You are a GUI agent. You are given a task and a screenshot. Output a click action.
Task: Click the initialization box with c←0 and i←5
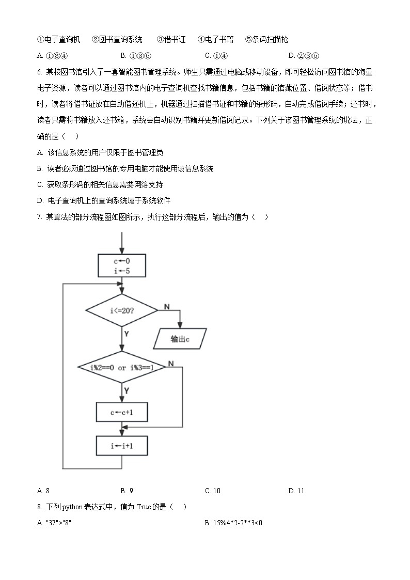click(x=122, y=265)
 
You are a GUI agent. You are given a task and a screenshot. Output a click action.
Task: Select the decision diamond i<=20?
click(x=122, y=310)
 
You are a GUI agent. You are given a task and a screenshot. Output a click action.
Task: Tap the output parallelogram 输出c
click(x=180, y=339)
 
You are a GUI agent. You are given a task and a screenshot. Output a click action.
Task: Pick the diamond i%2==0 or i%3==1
click(x=122, y=367)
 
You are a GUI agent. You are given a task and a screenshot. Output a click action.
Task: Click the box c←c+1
click(x=122, y=412)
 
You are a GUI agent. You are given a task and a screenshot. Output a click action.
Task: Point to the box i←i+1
click(x=122, y=444)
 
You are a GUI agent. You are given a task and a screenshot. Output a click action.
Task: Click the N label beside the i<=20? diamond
click(x=167, y=307)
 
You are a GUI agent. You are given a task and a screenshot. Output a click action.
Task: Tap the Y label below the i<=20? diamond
click(x=127, y=334)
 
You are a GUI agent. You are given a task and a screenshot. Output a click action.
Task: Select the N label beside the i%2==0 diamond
click(x=170, y=364)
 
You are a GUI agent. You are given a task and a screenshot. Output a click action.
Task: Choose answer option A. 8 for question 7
click(x=43, y=491)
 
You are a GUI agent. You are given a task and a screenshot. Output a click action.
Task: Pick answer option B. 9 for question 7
click(x=127, y=491)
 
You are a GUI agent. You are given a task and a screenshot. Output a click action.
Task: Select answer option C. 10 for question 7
click(x=213, y=491)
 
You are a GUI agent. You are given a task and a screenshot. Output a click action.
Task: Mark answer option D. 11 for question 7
click(x=296, y=491)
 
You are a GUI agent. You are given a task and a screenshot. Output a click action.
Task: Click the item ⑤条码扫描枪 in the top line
click(x=266, y=39)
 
